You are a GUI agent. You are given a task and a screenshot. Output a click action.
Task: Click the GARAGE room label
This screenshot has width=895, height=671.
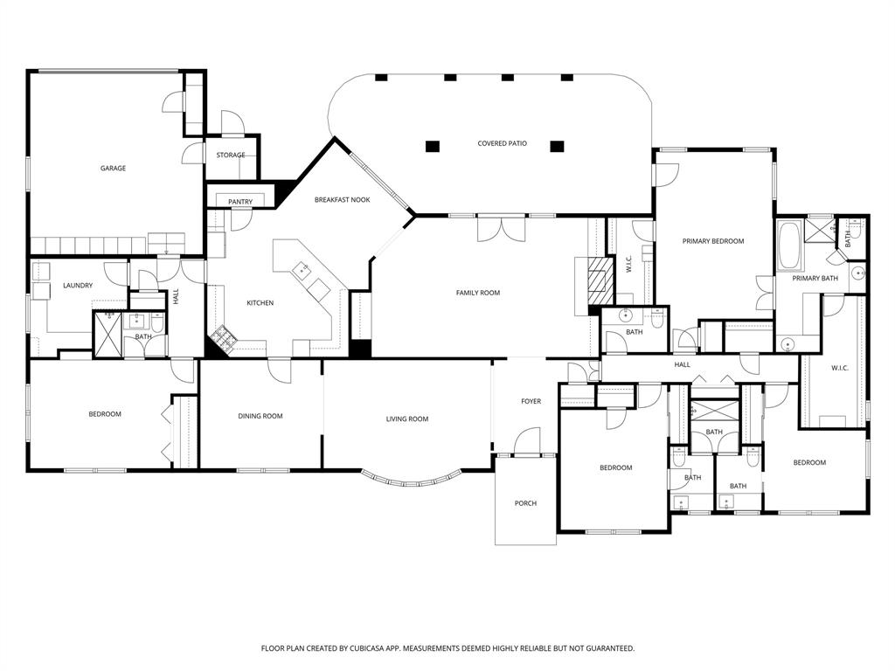tap(112, 168)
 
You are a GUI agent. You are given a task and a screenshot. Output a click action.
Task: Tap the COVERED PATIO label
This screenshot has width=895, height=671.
tap(502, 143)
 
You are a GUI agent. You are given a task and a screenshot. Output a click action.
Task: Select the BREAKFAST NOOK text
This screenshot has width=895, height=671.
tap(343, 200)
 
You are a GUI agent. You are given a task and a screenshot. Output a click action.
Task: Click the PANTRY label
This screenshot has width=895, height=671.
tap(240, 203)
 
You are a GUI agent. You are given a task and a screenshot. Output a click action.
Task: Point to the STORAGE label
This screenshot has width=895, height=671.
tap(231, 156)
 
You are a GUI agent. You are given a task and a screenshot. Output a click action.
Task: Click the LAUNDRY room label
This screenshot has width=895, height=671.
tap(78, 286)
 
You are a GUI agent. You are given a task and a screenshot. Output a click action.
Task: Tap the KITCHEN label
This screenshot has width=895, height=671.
tap(260, 303)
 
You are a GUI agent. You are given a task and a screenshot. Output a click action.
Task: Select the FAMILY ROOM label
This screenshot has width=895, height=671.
tap(478, 293)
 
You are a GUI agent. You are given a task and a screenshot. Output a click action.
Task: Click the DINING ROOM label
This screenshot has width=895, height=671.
tap(260, 417)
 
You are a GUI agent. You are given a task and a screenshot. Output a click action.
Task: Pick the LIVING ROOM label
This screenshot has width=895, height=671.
tap(407, 419)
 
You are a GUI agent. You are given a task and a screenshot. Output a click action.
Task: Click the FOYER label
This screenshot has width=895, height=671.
tap(531, 402)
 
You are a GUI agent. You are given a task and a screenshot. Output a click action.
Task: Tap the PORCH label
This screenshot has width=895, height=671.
tap(525, 503)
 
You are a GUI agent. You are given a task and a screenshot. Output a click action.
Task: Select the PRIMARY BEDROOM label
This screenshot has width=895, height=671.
tap(713, 241)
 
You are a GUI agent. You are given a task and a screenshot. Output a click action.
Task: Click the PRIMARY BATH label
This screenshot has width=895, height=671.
tap(815, 279)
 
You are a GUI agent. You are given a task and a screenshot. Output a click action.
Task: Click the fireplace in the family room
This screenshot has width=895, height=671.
tap(599, 280)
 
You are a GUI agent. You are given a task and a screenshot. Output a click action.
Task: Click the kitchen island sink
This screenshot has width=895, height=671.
tap(305, 270)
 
